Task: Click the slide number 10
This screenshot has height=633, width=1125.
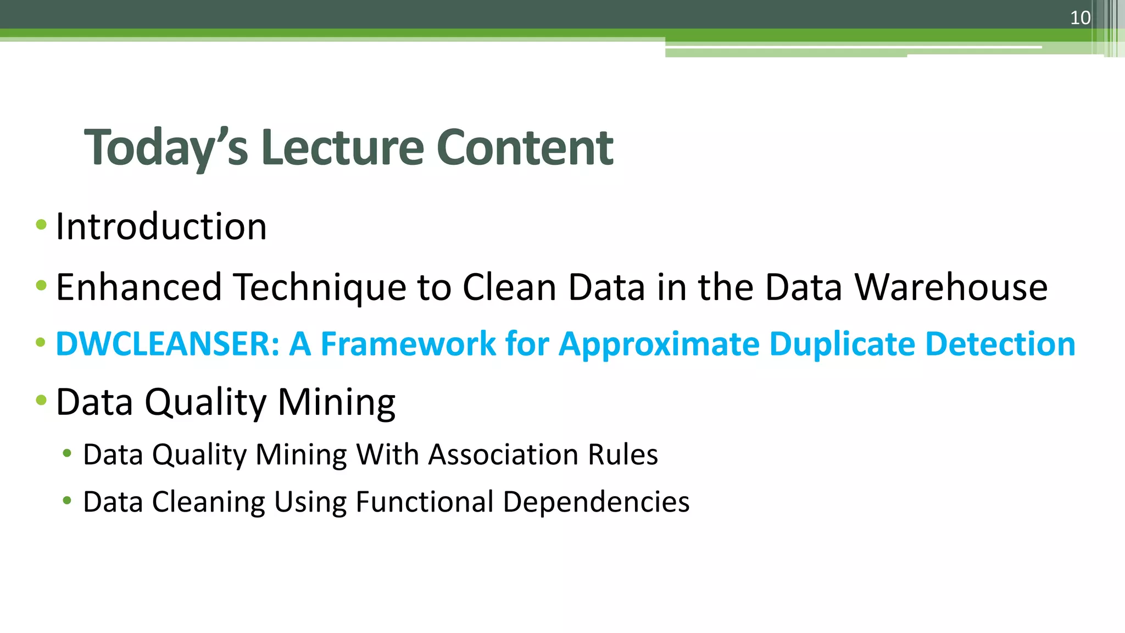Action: click(1080, 18)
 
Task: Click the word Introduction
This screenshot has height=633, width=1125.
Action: click(161, 226)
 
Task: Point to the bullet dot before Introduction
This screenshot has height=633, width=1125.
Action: click(41, 224)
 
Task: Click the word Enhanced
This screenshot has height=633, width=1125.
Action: click(138, 287)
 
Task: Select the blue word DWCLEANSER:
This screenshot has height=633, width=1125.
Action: click(168, 344)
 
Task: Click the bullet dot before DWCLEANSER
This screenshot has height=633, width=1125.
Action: click(41, 343)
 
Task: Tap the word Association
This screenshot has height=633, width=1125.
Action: click(503, 455)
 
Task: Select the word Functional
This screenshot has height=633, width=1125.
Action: click(425, 502)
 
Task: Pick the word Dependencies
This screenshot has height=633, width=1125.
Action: click(596, 502)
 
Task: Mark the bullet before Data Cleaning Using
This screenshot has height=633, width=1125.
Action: click(67, 501)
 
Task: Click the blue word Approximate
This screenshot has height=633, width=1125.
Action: click(659, 344)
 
